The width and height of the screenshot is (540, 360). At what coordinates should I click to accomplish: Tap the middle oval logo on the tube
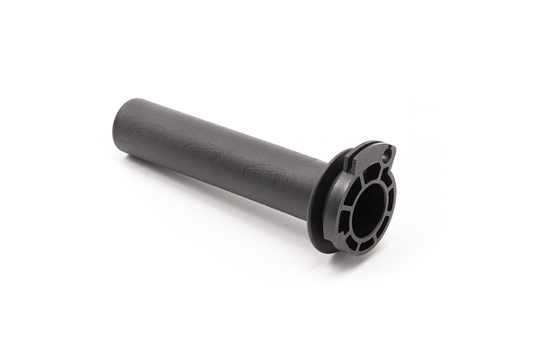pos(204,152)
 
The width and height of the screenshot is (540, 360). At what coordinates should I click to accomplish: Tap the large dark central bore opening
pos(368,209)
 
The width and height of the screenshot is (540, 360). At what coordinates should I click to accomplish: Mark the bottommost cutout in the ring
pos(364,243)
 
